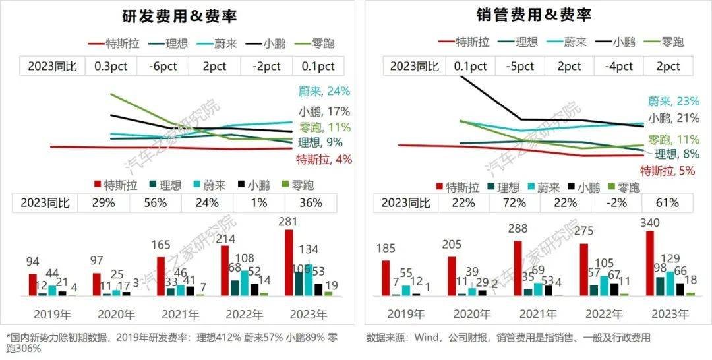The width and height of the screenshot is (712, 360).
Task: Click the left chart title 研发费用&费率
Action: [179, 15]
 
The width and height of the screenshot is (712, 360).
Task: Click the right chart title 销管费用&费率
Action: [533, 15]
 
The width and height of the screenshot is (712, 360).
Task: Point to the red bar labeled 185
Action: [386, 278]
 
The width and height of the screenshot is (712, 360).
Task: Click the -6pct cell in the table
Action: [162, 66]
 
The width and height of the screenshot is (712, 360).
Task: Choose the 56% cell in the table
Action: [156, 202]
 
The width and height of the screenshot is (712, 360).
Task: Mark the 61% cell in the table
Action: [667, 202]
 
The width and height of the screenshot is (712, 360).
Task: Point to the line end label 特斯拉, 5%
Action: [668, 171]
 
